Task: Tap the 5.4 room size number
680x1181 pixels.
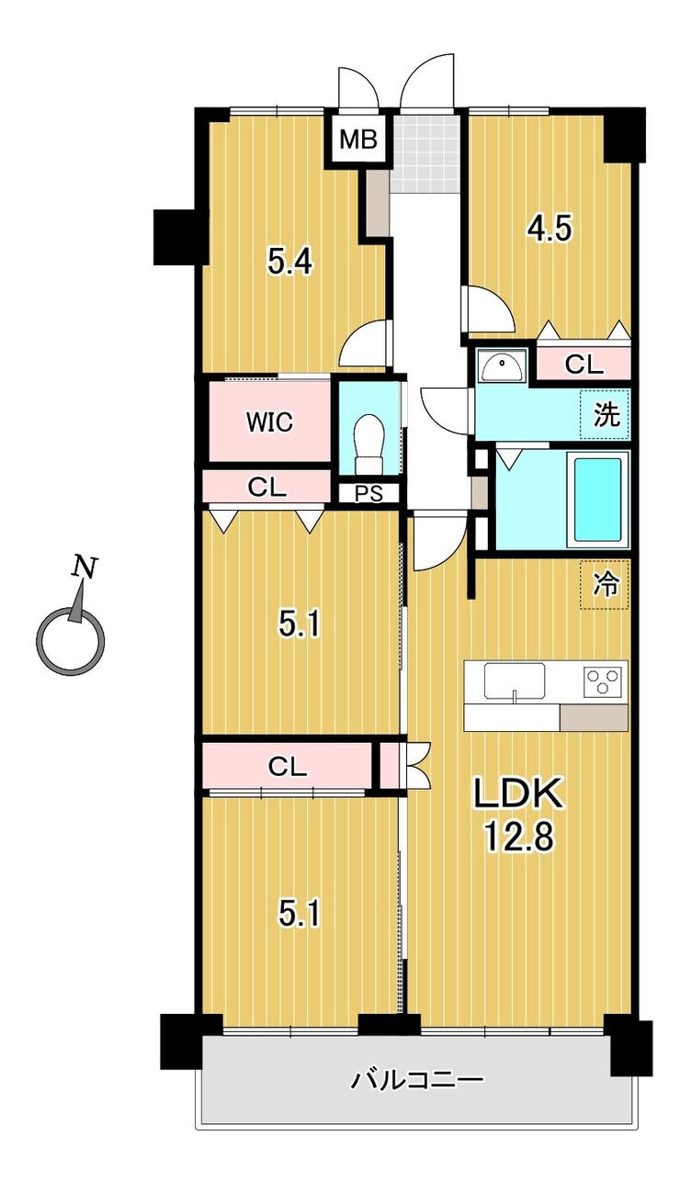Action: coord(290,263)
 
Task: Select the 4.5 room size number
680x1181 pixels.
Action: coord(550,227)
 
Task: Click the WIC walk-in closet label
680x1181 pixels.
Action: coord(268,422)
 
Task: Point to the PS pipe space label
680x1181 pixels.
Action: coord(368,493)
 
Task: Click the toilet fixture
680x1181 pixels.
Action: coord(369,435)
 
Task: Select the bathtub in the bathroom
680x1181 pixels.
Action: coord(597,500)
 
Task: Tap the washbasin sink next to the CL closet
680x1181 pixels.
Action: coord(503,367)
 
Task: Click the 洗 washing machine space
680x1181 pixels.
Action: coord(606,415)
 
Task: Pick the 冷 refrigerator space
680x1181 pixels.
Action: coord(605,585)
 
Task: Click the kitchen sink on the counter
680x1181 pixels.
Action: coord(515,681)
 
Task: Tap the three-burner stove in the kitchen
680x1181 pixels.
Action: coord(602,681)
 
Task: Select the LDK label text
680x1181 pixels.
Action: coord(516,794)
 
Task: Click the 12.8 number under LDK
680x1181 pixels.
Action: coord(516,837)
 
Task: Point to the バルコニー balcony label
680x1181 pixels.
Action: coord(417,1079)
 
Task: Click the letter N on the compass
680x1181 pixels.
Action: coord(85,568)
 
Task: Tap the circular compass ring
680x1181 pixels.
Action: coord(70,639)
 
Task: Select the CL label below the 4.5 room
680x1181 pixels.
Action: coord(584,365)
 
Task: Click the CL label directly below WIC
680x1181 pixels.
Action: coord(267,488)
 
